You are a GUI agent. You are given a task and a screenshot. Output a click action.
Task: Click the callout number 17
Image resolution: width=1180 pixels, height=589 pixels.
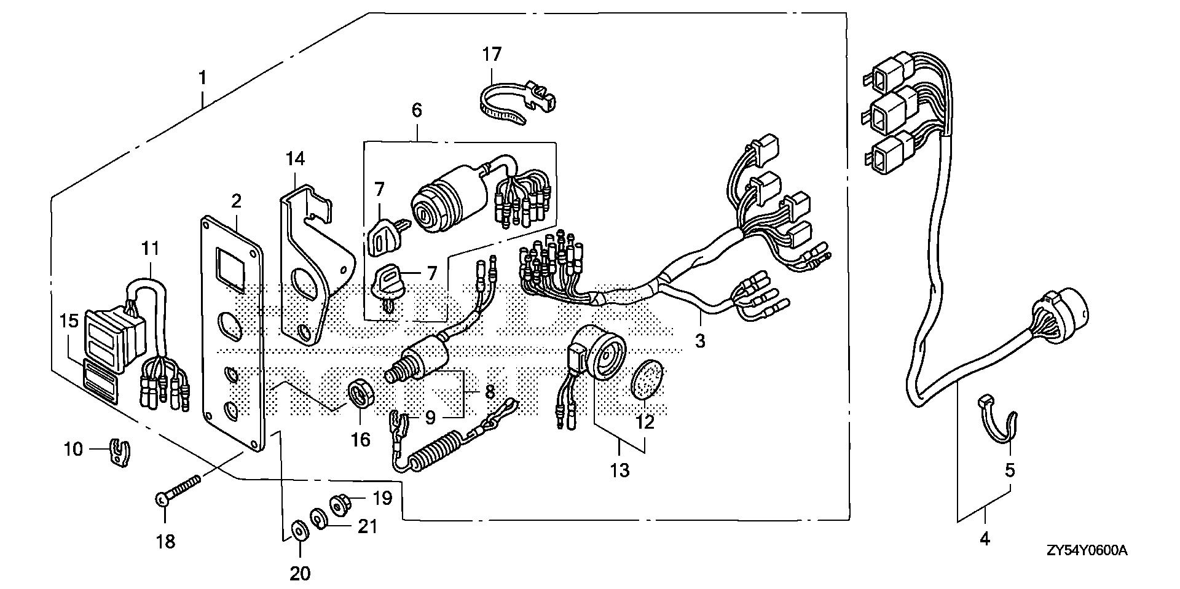pos(492,55)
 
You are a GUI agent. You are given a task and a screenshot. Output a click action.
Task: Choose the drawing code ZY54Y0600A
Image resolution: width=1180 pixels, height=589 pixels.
pos(1087,551)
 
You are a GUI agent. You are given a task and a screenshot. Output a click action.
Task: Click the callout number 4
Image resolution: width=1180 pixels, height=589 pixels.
pos(985,539)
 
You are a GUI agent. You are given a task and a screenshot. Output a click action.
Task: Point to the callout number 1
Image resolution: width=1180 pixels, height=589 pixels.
pos(202,79)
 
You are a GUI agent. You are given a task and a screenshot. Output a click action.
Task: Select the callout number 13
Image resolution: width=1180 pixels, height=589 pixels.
pos(620,470)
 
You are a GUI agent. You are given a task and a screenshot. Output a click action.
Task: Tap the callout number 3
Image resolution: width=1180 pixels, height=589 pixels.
pos(700,340)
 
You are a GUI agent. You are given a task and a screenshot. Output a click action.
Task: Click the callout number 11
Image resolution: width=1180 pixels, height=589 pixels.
pos(151,249)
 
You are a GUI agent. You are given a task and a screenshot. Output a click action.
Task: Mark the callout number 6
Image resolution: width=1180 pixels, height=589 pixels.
pos(417,111)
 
